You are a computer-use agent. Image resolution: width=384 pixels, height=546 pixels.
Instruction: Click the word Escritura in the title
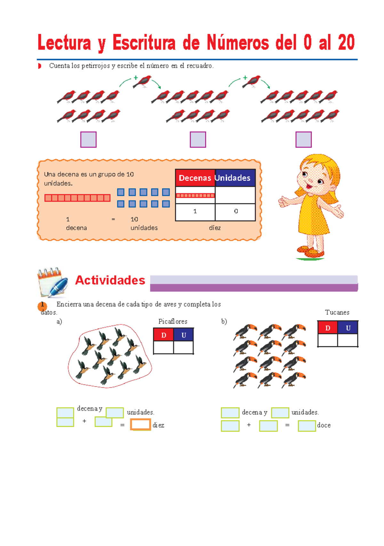click(144, 43)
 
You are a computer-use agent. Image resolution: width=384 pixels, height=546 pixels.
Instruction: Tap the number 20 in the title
click(346, 43)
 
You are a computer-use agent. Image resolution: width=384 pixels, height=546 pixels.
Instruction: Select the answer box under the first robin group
click(88, 139)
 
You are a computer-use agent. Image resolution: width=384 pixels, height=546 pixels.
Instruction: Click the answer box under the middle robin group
click(198, 139)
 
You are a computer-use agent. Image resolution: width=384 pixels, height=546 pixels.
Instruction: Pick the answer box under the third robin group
click(303, 139)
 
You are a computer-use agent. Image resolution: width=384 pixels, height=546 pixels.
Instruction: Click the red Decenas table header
click(195, 178)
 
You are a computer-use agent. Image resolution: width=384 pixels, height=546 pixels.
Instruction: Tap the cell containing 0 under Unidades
click(236, 211)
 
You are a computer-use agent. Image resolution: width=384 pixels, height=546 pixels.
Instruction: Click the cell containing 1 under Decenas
click(195, 211)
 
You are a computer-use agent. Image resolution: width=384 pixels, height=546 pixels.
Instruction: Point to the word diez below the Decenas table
click(215, 228)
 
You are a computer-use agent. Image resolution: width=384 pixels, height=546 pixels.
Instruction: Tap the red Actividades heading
click(110, 280)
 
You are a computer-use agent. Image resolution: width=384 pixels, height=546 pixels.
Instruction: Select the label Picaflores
click(173, 321)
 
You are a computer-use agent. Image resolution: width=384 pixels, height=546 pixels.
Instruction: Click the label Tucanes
click(337, 313)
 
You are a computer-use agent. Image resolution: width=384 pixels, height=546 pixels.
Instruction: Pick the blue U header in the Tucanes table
click(348, 328)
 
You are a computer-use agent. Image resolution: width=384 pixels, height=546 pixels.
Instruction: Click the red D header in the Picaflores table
click(164, 335)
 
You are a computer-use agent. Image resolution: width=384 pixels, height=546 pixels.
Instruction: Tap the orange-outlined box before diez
click(140, 424)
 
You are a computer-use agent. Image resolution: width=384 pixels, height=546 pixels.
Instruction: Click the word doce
click(324, 425)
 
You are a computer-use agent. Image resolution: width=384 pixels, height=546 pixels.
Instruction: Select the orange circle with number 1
click(42, 306)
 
